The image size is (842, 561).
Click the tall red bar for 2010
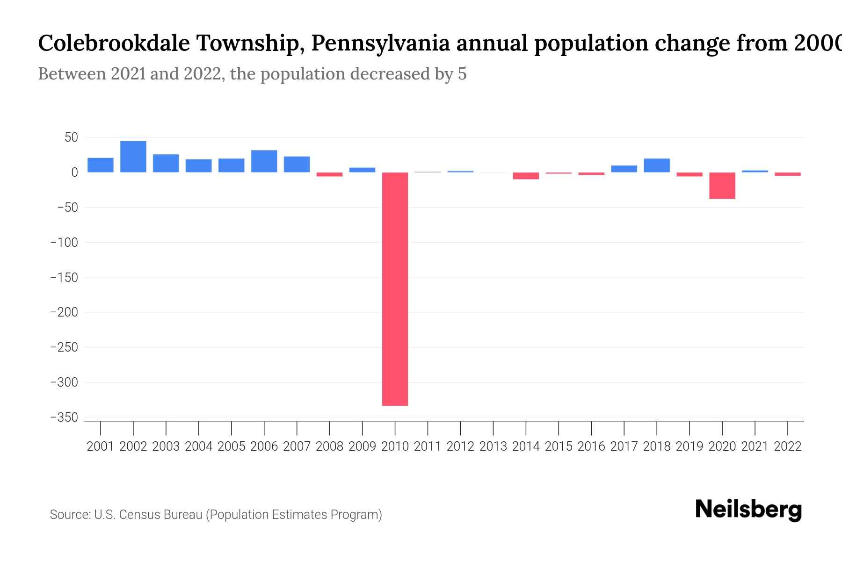(395, 289)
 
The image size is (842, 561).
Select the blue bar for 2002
(133, 157)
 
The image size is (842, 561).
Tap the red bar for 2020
(722, 186)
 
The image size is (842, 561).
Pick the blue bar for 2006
(264, 161)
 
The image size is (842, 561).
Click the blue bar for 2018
(656, 165)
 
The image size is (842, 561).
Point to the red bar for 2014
(526, 176)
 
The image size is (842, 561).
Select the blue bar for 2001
(101, 165)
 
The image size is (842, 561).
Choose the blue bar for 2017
(624, 169)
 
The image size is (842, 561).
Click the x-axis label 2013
(493, 446)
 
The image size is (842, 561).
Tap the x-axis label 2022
(788, 446)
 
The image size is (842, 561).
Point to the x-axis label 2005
(232, 446)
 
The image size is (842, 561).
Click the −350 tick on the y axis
(64, 417)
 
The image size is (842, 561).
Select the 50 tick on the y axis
(71, 137)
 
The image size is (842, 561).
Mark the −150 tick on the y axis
(64, 278)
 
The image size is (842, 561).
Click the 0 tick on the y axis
(74, 173)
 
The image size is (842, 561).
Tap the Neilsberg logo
(748, 510)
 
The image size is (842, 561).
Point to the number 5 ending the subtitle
(462, 74)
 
